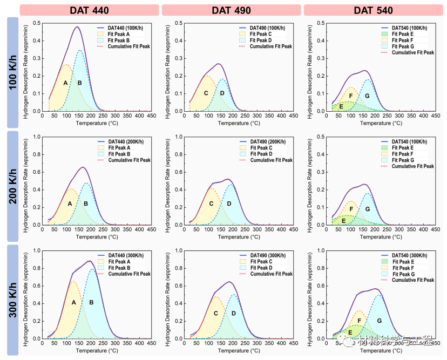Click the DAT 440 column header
[89, 10]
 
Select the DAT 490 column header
[231, 10]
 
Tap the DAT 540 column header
[374, 10]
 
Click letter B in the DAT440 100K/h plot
[80, 83]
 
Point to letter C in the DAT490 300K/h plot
[216, 313]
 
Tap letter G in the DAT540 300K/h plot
[380, 321]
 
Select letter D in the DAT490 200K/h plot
[229, 203]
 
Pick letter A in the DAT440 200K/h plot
[70, 203]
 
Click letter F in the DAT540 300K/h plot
[359, 321]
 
